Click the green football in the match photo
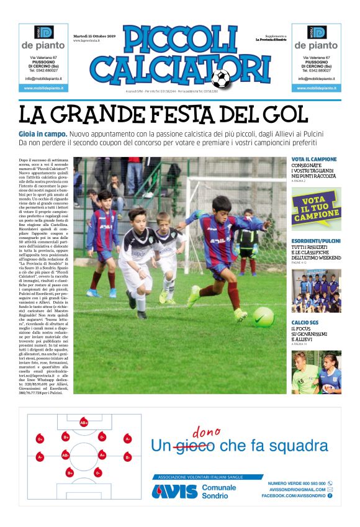263,316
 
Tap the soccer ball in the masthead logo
220,78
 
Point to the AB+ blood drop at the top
84,423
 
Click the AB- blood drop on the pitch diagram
65,455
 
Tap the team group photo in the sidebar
316,290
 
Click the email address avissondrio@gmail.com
298,489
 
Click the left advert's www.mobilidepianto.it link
43,88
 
